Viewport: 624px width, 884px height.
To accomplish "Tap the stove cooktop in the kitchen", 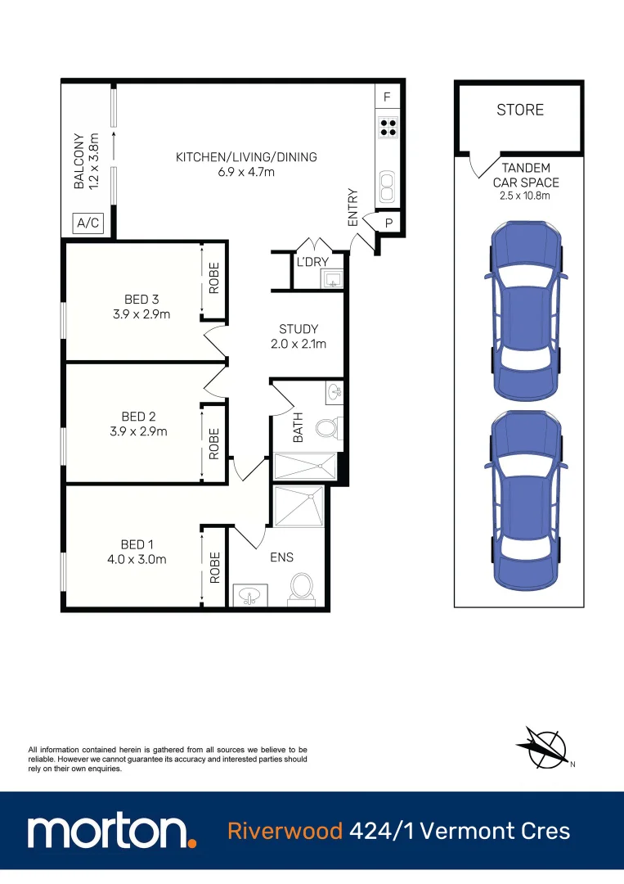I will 388,127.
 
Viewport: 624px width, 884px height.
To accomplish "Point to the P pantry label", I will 388,222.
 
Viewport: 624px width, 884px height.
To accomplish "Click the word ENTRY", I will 353,208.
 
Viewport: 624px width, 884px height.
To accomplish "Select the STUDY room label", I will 298,330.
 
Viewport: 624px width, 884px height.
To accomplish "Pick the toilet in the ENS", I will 301,586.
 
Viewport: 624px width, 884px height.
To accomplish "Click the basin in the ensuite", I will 248,595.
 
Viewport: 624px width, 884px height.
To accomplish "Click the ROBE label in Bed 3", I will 214,278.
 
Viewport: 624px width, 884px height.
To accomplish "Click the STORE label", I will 519,110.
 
